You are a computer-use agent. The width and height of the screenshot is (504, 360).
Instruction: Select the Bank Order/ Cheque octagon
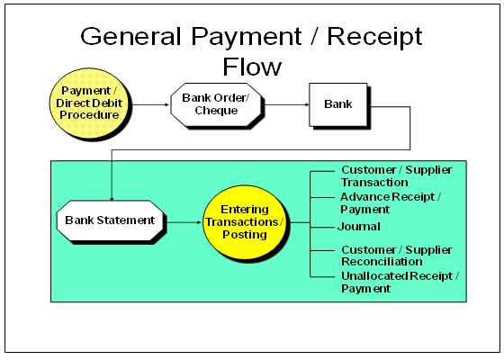[x=215, y=104]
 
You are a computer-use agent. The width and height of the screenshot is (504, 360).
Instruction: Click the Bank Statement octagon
[x=110, y=220]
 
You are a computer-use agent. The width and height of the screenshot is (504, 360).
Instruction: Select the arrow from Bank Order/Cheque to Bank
[x=285, y=104]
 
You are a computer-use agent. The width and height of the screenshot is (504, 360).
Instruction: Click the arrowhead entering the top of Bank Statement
[x=111, y=196]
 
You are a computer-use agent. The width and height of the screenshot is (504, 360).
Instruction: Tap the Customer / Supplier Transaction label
[x=396, y=175]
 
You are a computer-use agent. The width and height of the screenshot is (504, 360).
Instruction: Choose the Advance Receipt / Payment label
[x=390, y=202]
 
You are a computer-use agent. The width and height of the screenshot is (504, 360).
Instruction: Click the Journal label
[x=359, y=227]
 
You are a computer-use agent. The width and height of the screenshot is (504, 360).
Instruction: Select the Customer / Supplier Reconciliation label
[x=396, y=254]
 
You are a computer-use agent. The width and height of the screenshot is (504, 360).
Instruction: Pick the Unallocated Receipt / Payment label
[x=399, y=283]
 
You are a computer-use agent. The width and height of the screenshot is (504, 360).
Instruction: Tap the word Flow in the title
[x=252, y=67]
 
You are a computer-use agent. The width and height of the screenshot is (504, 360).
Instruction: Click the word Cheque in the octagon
[x=215, y=111]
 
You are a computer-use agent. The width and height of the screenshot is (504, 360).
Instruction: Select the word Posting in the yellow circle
[x=245, y=234]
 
